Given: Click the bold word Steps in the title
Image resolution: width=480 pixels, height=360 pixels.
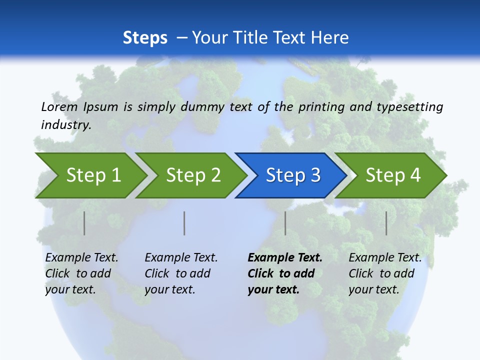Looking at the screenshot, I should [x=145, y=37].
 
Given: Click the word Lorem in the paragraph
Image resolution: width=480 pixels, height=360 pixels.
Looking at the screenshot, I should [x=59, y=106].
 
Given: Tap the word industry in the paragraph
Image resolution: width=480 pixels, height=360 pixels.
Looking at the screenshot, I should [x=65, y=124].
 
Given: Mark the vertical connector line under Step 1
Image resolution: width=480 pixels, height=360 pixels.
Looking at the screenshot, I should [x=84, y=223].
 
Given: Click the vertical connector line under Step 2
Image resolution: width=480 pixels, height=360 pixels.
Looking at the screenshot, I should [x=184, y=223].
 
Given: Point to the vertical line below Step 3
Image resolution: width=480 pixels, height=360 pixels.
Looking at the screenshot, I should [x=285, y=223].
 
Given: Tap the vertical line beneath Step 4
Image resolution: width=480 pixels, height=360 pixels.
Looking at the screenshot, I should [x=386, y=223].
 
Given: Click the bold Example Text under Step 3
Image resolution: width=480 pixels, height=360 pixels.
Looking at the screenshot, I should [x=285, y=258].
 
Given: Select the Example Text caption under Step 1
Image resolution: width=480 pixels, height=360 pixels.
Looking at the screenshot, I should [x=81, y=258].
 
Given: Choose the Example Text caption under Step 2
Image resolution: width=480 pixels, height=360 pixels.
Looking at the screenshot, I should [x=181, y=258].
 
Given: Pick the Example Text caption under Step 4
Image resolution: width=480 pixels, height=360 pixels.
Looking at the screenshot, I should [x=385, y=258].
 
